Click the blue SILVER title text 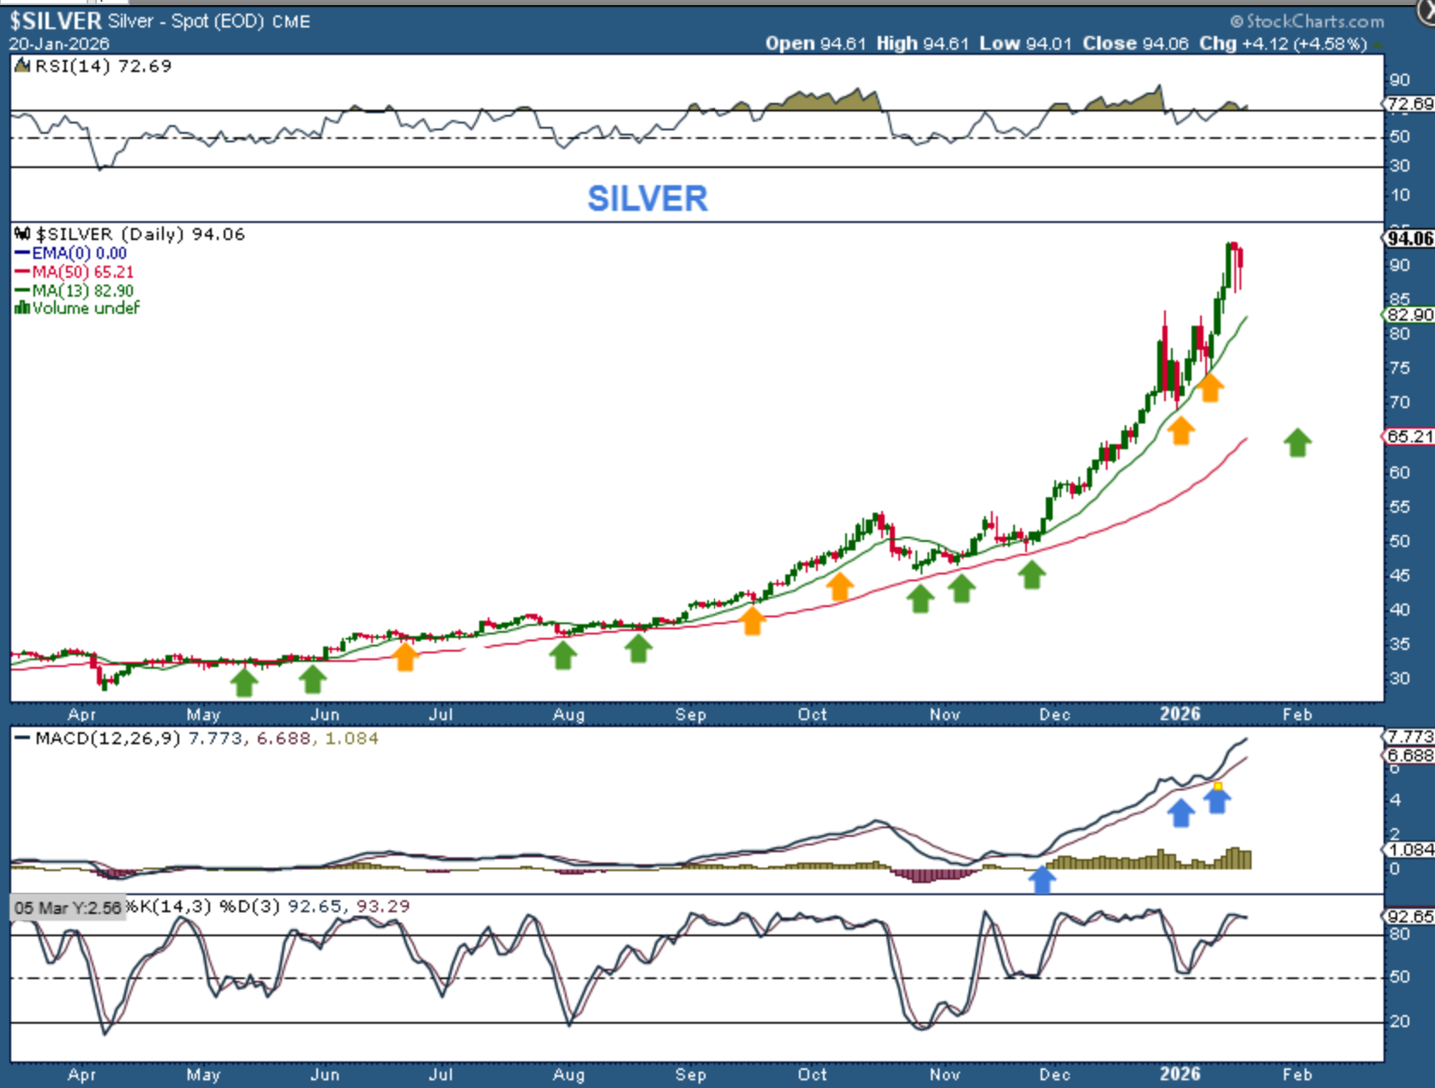647,199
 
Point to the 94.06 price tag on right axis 1409,238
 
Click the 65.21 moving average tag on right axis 1409,436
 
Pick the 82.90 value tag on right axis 1409,315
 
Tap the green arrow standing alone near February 1297,442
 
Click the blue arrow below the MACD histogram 1042,880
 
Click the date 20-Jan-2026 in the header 59,44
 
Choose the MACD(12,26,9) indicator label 107,738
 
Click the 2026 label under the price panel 1180,714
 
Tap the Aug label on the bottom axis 568,1074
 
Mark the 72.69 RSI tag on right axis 1409,104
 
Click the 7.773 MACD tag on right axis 1409,736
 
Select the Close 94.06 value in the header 1135,44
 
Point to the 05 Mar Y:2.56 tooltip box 68,908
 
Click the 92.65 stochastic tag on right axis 1409,916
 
